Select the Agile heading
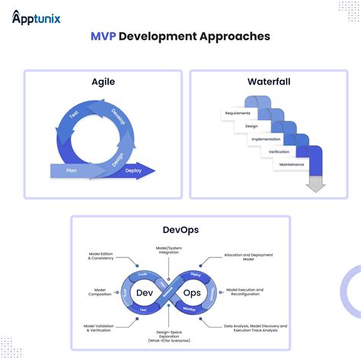point(103,81)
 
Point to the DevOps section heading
point(180,228)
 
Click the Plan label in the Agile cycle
point(71,170)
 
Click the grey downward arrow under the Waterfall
point(315,186)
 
